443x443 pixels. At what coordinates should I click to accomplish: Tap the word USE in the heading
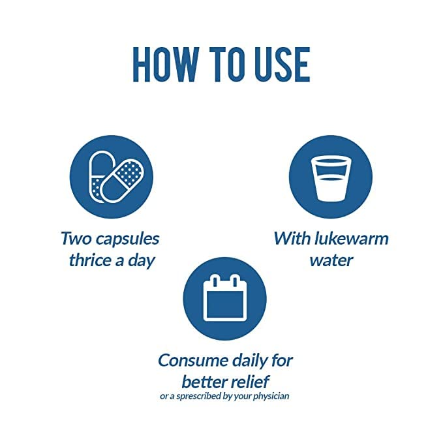coord(283,65)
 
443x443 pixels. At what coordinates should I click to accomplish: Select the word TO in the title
coord(228,65)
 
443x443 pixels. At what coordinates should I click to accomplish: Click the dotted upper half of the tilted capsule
coord(129,173)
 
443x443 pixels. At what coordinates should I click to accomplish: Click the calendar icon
coord(225,298)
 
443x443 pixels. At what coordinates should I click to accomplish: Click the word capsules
coord(127,239)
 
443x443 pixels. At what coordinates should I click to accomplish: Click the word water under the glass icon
coord(331,260)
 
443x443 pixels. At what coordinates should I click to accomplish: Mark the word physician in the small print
coord(271,396)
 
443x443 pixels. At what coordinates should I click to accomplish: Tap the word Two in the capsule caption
coord(76,238)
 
